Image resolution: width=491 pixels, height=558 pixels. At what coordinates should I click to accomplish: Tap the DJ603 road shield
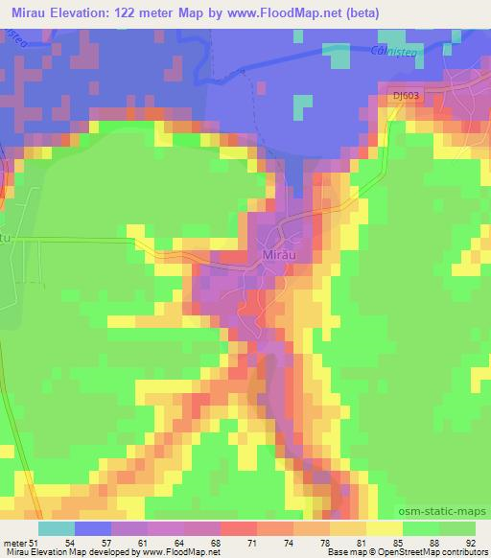(x=404, y=94)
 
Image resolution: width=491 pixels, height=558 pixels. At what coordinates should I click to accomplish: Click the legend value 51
(x=35, y=542)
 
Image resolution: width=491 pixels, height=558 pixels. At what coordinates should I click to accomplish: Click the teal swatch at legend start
(x=56, y=528)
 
